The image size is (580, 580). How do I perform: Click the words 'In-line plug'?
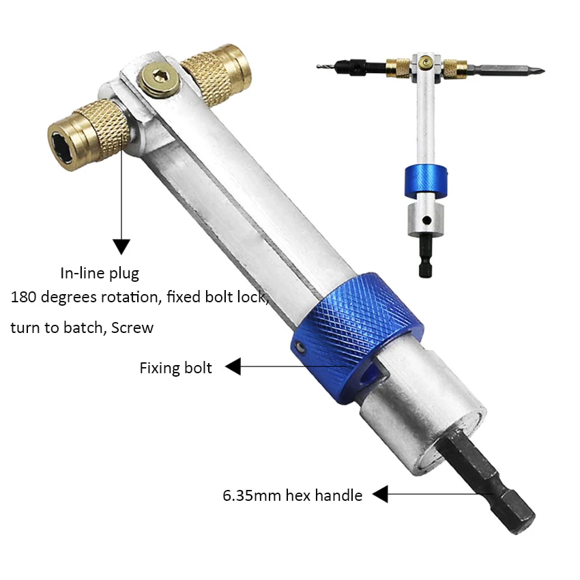(100, 274)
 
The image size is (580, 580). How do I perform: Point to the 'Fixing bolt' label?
(175, 368)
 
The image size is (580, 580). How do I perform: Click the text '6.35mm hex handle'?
(292, 495)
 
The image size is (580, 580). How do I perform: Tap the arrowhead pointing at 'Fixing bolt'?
(233, 366)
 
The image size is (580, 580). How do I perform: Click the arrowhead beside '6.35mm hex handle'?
(380, 494)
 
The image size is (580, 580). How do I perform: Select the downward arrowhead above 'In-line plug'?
(121, 246)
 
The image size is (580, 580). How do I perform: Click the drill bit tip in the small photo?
(318, 67)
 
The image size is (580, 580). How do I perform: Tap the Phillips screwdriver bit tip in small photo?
(541, 71)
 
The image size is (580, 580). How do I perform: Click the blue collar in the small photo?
(426, 181)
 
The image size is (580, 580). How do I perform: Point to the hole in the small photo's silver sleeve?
(427, 220)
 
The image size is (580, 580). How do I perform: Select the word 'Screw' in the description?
(132, 328)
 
